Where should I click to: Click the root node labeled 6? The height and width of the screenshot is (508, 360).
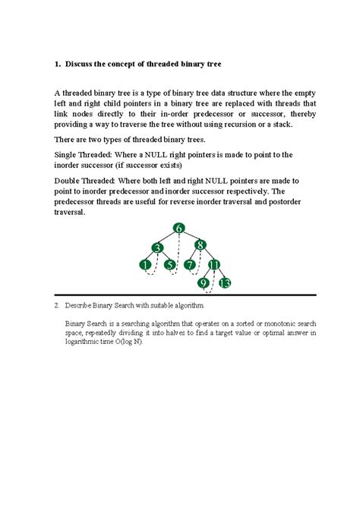point(179,229)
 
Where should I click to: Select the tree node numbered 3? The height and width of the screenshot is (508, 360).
point(156,247)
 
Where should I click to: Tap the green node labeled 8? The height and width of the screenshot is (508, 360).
point(200,245)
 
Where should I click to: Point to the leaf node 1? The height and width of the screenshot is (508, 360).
point(144,265)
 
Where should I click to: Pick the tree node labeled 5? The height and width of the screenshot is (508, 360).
point(170,265)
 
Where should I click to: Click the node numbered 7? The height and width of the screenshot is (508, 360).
point(189,265)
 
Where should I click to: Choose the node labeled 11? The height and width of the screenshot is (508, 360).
point(214,265)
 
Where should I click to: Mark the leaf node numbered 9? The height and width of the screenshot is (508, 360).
point(203,283)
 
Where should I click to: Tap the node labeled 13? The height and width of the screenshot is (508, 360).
point(225,283)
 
